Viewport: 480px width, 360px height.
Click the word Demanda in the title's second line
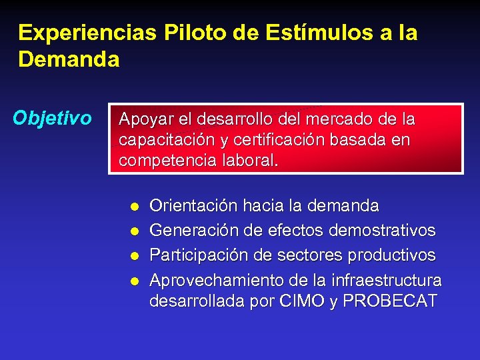click(69, 60)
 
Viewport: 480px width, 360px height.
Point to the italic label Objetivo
click(52, 118)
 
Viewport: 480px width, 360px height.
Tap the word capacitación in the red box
click(158, 140)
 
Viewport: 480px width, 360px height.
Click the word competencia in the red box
click(163, 161)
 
